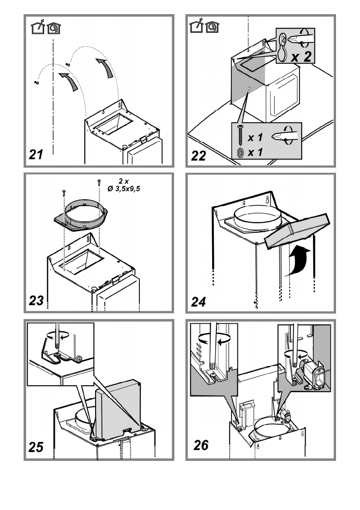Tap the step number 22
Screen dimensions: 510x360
(x=199, y=155)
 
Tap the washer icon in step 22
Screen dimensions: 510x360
(x=239, y=153)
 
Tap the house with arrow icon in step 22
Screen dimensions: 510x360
(x=196, y=27)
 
